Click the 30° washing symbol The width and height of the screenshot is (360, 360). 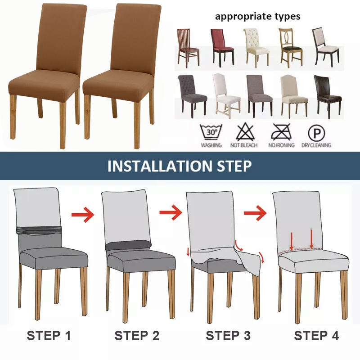click(211, 132)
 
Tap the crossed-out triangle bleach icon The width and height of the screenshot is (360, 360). click(245, 132)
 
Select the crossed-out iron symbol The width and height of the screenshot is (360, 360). click(281, 132)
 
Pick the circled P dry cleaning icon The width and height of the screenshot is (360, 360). click(316, 133)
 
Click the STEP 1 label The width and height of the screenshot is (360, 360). click(49, 335)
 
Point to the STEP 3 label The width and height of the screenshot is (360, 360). click(228, 335)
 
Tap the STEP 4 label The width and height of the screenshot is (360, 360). click(316, 335)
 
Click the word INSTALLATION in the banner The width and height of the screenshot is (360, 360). click(160, 166)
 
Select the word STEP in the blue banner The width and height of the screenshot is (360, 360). click(234, 166)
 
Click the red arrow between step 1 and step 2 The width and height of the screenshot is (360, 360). click(83, 215)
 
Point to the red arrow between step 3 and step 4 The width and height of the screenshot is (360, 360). click(255, 213)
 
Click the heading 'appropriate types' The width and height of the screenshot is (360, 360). click(257, 17)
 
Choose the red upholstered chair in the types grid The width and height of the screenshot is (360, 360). click(222, 48)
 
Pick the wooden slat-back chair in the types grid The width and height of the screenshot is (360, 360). click(188, 48)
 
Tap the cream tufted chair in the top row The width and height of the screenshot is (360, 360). click(256, 48)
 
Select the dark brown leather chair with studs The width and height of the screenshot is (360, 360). click(328, 96)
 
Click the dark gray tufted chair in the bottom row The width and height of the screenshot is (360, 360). click(193, 96)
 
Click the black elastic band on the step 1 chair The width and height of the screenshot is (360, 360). click(39, 230)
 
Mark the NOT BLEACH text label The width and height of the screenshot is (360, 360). click(244, 145)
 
